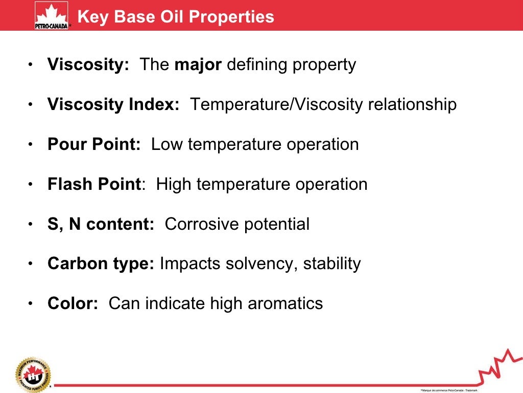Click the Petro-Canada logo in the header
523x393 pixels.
pos(51,16)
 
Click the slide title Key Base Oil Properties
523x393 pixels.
pos(175,16)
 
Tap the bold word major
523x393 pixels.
pos(198,65)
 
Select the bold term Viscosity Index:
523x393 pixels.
pos(113,105)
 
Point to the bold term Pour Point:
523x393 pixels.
pos(94,144)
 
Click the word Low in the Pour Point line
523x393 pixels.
pos(167,144)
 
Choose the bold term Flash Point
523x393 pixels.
pos(94,184)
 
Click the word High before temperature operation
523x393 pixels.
pos(174,184)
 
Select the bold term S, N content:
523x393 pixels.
pos(101,224)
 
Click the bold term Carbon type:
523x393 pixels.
pos(101,264)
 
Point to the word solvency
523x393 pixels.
pos(262,264)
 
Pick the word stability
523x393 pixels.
pos(332,264)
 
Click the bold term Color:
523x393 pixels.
pos(73,303)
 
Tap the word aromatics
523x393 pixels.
pos(285,303)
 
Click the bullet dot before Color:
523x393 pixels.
pos(31,304)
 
